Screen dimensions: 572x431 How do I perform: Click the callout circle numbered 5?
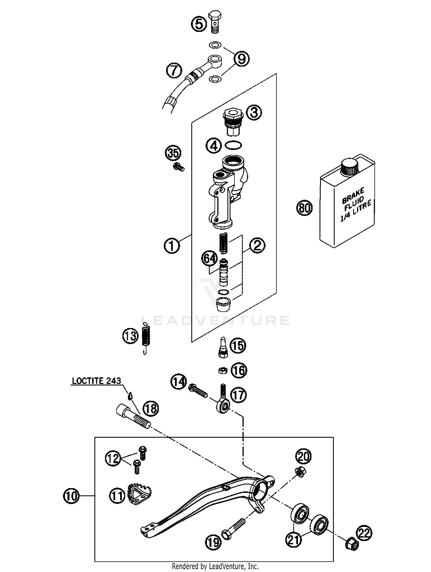click(199, 24)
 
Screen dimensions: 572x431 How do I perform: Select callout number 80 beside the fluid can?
click(304, 207)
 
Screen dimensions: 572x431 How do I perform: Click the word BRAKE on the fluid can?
click(353, 195)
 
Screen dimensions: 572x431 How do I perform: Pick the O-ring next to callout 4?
click(233, 146)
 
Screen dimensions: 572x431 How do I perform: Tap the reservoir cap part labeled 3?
click(233, 121)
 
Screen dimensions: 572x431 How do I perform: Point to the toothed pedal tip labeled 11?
click(139, 493)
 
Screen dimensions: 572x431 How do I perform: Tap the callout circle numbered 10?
click(71, 495)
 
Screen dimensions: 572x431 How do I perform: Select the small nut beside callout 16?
click(222, 371)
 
